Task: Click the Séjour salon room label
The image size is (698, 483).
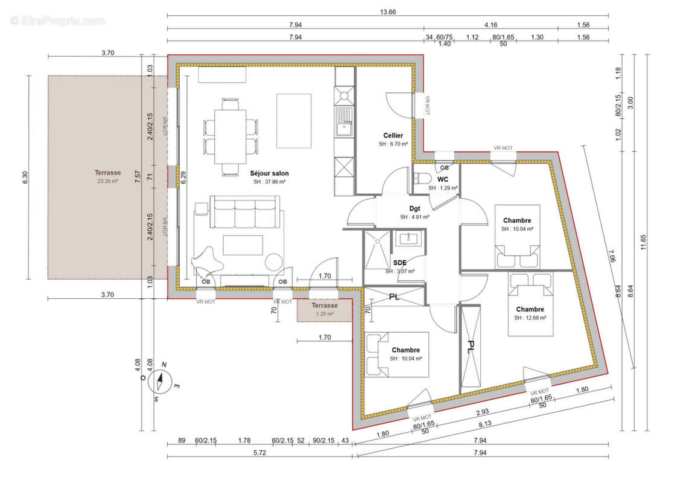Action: coord(269,173)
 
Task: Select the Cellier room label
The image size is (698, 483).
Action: coord(393,135)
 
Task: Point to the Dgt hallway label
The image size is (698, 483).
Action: coord(414,208)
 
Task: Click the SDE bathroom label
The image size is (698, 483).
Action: coord(399,263)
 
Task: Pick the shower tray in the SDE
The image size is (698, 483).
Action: coord(378,249)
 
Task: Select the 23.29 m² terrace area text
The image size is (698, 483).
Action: coord(107,181)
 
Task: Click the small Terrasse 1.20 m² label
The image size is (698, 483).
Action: coord(325,310)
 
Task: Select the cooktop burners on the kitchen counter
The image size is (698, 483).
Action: coord(344,95)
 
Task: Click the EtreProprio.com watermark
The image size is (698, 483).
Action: coord(58,21)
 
